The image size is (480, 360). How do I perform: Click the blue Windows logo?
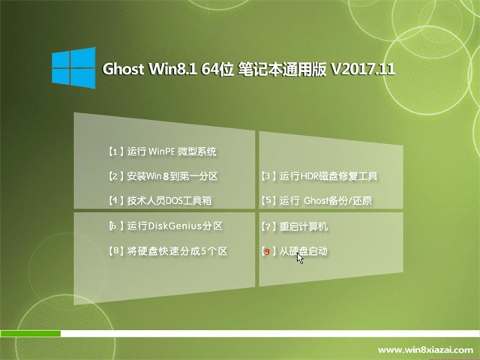click(73, 67)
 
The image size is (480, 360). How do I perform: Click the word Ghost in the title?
click(123, 69)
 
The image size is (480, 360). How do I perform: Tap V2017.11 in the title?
click(363, 69)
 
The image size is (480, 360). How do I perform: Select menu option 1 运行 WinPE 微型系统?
click(163, 151)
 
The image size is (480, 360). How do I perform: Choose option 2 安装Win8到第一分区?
click(163, 176)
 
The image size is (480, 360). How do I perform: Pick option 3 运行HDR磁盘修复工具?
click(319, 176)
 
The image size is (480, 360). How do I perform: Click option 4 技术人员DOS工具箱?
click(160, 201)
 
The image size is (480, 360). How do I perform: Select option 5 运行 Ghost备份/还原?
click(316, 201)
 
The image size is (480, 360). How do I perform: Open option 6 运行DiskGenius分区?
click(166, 226)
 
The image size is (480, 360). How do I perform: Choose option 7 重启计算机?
click(295, 226)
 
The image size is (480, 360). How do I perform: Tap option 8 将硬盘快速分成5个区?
click(168, 251)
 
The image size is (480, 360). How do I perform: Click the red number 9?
click(267, 252)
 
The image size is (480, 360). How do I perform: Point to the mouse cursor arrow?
click(300, 258)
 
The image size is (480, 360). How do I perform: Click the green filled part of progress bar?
click(30, 333)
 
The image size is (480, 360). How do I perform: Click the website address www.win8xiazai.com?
click(425, 350)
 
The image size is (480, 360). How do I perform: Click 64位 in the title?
click(217, 69)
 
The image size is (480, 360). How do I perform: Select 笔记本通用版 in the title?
click(282, 69)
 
